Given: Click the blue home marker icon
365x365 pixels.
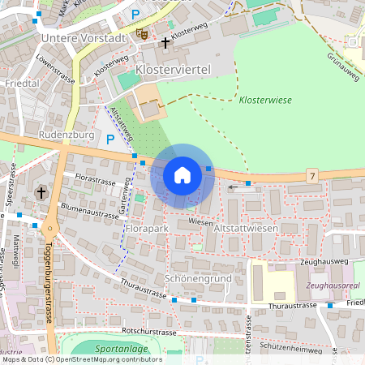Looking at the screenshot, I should coord(182,175).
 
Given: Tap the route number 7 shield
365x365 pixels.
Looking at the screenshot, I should coord(311,175).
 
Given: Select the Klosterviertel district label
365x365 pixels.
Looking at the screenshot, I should coord(173,71).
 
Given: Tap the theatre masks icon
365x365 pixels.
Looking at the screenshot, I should coord(141,33).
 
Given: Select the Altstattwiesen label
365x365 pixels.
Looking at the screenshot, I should coord(245,230).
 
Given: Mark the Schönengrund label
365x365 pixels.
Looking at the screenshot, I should coord(198,278).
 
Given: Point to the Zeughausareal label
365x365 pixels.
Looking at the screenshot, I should coord(333,286).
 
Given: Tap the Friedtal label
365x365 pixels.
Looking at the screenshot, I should coord(22,84).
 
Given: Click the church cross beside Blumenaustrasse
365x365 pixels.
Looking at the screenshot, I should coord(41,193).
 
